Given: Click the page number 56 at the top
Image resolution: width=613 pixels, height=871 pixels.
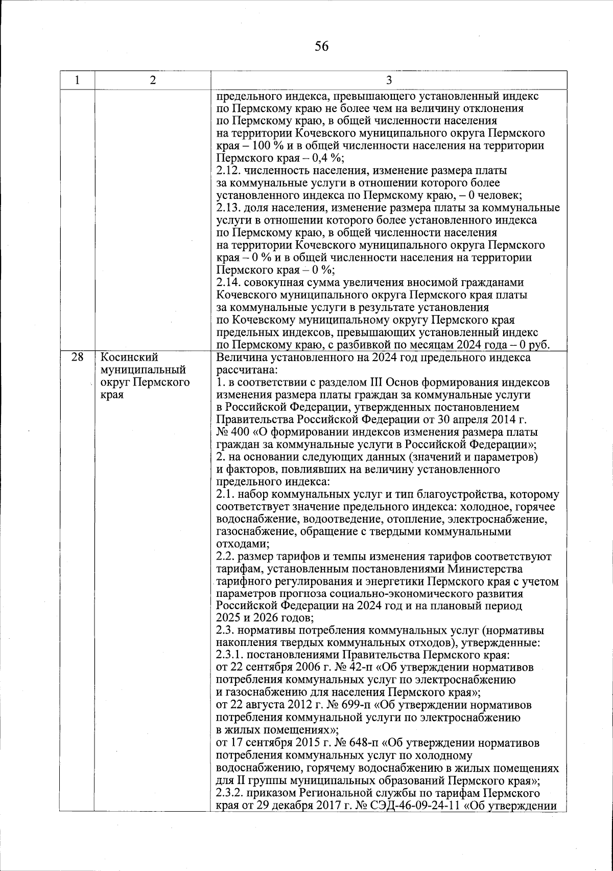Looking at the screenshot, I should coord(321,47).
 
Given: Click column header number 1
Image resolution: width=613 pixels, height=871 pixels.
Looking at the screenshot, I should coord(77,80).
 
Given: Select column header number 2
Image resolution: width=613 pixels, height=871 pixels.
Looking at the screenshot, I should coord(153,80).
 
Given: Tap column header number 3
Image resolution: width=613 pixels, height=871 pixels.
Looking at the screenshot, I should coord(389,80).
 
